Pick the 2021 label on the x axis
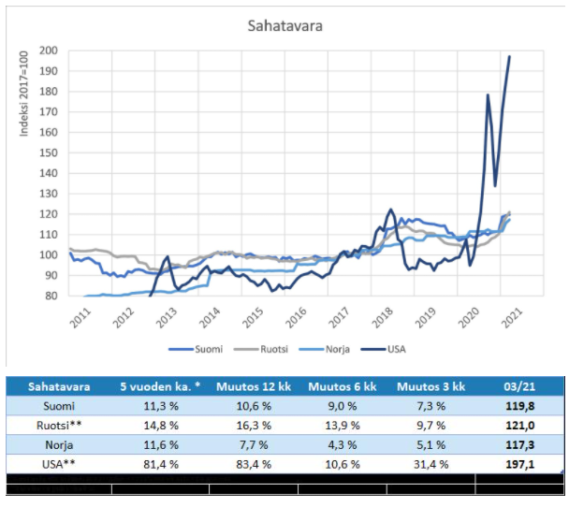[511, 316]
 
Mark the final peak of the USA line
[510, 56]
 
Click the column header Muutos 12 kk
[255, 385]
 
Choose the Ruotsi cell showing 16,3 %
[255, 426]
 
